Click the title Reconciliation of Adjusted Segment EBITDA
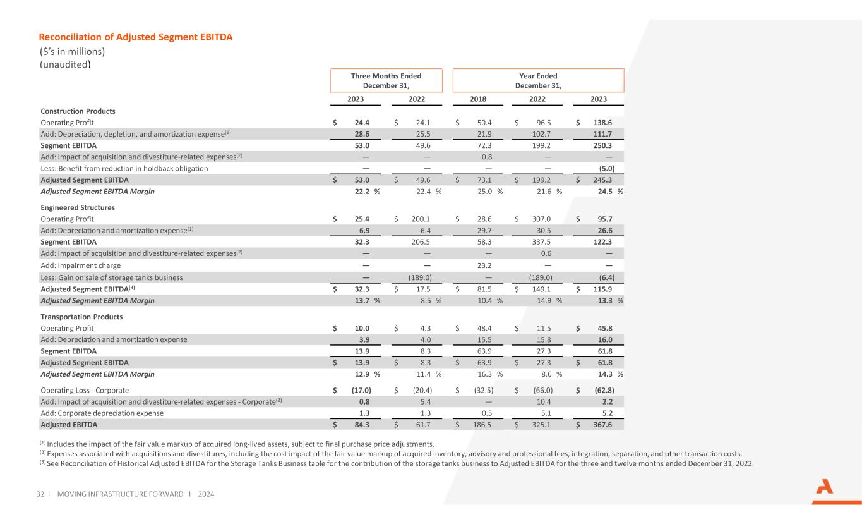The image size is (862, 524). coord(136,37)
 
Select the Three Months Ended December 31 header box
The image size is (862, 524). coord(386,80)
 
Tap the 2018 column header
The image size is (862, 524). coord(478,99)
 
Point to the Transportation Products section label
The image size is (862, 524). coord(81,316)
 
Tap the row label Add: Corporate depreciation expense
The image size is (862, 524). coord(102,413)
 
